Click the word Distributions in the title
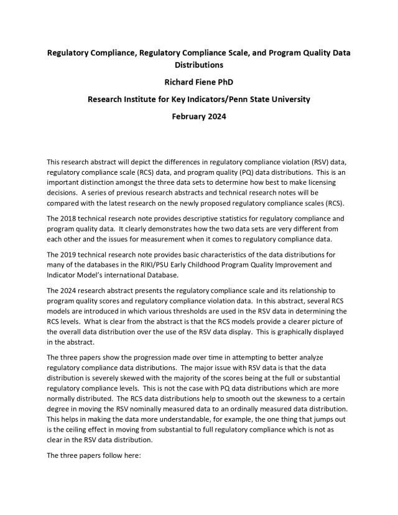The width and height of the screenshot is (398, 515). pos(199,64)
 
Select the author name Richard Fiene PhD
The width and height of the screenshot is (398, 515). pos(199,81)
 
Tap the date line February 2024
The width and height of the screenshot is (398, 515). pos(199,116)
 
